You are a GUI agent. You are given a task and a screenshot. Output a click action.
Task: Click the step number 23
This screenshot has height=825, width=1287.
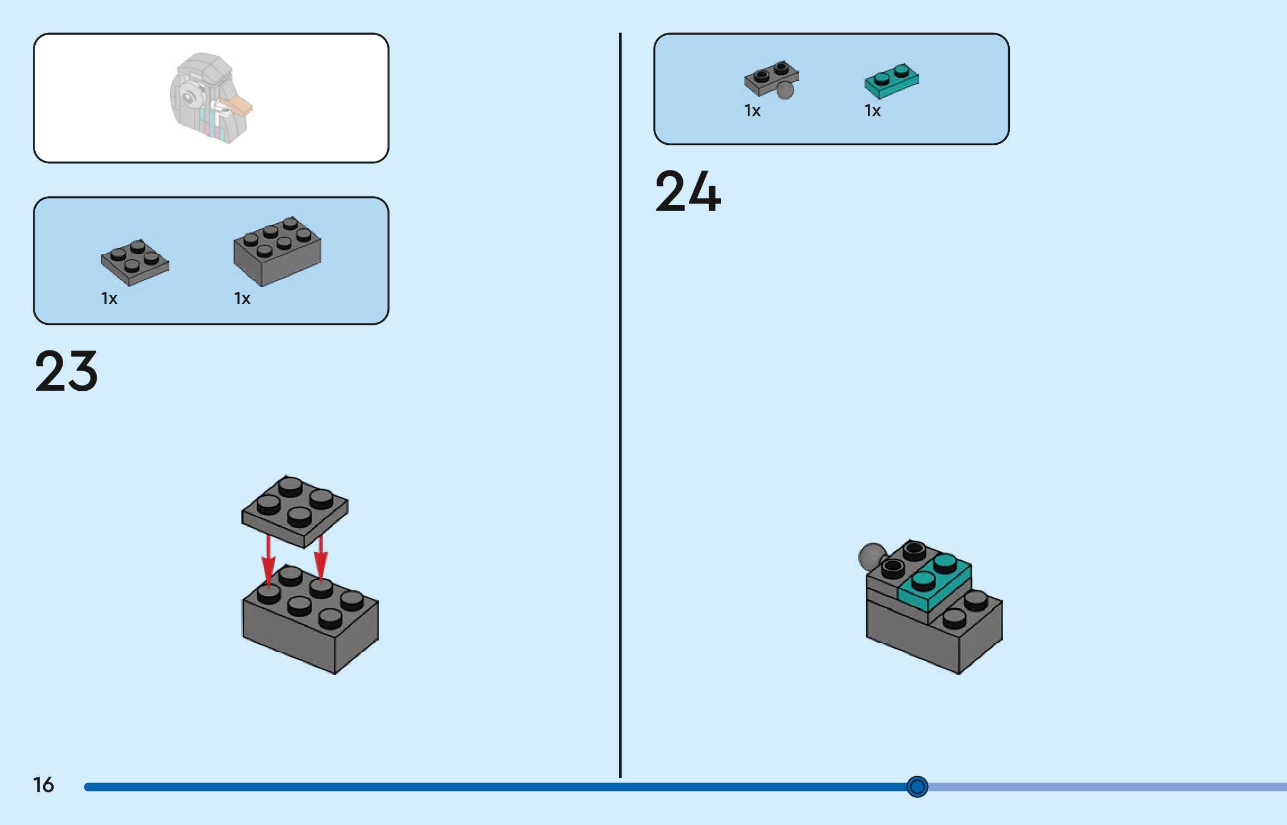pos(67,371)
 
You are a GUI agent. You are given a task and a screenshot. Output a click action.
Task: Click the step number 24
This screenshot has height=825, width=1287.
pos(687,192)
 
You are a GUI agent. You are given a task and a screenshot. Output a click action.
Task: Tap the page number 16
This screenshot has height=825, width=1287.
pos(44,785)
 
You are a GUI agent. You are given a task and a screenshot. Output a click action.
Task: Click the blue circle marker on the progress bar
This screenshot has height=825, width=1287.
pos(916,786)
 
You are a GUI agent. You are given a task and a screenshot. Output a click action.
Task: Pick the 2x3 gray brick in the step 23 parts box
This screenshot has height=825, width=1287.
pos(277,251)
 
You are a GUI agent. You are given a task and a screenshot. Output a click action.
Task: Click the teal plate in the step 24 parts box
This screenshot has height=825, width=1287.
pos(891,81)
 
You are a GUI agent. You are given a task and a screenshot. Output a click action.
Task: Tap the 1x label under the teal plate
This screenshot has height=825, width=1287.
pos(872,111)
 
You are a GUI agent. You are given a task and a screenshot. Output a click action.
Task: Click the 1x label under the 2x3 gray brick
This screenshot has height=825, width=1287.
pos(242,298)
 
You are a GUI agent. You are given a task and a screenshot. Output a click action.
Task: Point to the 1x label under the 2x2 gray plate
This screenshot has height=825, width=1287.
pos(109,298)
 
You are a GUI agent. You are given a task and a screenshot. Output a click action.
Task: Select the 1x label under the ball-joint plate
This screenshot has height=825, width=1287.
pos(752,111)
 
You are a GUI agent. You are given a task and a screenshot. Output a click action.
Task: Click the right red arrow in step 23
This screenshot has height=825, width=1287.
pos(321,559)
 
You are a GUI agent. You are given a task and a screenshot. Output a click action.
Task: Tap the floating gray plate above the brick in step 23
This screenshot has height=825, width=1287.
pos(295,511)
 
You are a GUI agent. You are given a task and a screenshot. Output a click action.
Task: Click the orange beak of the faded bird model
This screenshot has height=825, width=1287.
pos(239,105)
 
